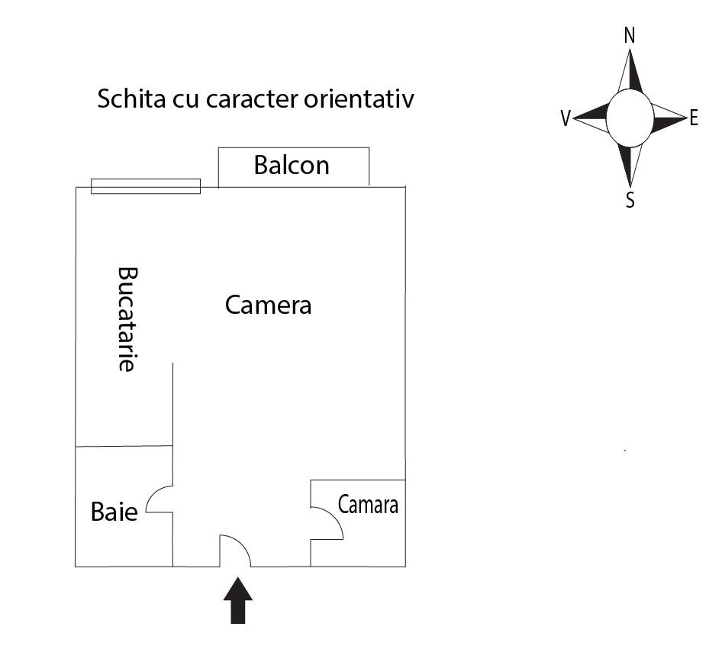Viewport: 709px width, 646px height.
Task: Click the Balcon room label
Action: pos(292,165)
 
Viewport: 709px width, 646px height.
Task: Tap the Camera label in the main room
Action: pos(268,305)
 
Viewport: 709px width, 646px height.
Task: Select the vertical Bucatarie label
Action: pos(127,319)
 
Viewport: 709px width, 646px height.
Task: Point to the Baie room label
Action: pos(114,512)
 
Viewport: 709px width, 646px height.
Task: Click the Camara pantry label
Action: pos(368,505)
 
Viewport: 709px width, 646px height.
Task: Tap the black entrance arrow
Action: pos(238,600)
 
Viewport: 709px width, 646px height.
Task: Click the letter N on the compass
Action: pos(630,35)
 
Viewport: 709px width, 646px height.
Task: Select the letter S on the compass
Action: pos(630,199)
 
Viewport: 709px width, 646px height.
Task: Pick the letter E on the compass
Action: pos(694,118)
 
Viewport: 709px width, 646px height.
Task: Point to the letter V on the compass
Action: pos(566,118)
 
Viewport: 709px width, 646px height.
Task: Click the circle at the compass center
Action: pos(630,118)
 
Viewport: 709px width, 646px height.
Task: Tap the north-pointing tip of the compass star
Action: pos(630,50)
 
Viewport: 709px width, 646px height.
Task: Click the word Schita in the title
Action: pos(131,99)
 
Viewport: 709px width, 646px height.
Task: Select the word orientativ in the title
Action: pos(359,99)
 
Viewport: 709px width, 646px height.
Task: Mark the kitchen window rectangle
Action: pos(146,186)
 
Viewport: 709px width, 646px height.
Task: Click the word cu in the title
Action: pos(186,101)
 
